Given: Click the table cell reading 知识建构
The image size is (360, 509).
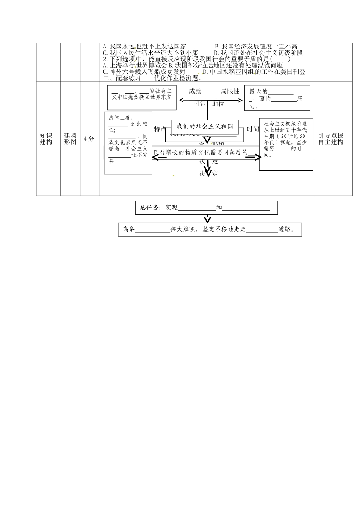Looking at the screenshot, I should (46, 139).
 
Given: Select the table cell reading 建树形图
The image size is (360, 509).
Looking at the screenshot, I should (70, 139).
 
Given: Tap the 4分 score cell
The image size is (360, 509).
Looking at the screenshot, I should (89, 139).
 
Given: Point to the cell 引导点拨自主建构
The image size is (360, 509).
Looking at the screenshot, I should (330, 139).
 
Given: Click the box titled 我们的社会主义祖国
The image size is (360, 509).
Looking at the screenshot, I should (205, 126).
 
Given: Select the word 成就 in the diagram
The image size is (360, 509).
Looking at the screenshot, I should (195, 91).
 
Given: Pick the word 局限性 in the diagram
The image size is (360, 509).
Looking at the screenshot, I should (230, 91).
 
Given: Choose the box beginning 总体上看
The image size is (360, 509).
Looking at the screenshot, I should (128, 143).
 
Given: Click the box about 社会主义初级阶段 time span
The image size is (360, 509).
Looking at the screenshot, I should (286, 144).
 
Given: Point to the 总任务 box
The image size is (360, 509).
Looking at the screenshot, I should (206, 208).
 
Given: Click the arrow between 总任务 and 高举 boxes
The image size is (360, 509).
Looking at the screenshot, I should (207, 219).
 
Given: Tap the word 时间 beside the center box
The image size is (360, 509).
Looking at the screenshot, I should (253, 130).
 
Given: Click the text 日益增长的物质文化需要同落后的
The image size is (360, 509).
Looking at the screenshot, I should (200, 153).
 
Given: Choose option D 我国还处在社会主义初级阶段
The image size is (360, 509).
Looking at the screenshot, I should (258, 53).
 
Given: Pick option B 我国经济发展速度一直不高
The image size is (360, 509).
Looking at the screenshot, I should (256, 47).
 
